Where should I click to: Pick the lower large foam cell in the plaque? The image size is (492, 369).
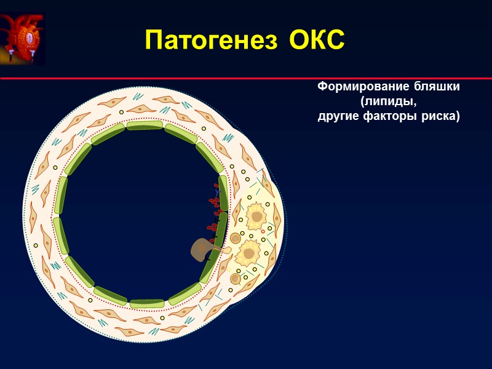coord(248,252)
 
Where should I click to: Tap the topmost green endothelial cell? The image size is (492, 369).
coord(145,125)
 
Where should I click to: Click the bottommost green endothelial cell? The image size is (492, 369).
coord(147,303)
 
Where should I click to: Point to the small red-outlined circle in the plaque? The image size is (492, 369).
coord(263,232)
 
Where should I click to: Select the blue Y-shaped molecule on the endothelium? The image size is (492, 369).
coord(216,193)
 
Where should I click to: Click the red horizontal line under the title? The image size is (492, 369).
coord(246,79)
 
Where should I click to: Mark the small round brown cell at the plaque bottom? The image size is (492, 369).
coord(235,279)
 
